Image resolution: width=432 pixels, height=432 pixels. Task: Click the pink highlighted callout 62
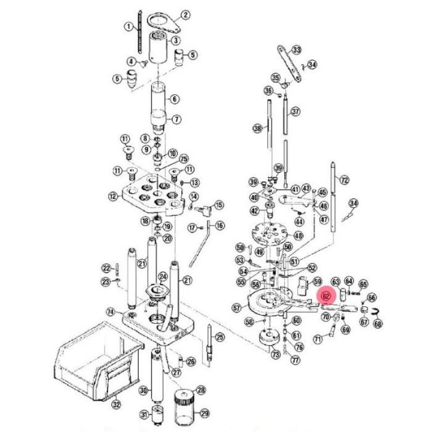tap(327, 296)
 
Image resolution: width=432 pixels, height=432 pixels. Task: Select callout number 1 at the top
tap(128, 27)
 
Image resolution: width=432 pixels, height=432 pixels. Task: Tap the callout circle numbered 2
tap(185, 15)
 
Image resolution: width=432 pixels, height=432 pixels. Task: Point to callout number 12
tap(112, 196)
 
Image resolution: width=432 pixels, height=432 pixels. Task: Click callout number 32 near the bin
tap(115, 405)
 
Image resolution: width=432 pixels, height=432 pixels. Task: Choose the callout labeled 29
tap(205, 413)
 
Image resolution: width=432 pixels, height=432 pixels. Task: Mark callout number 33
tap(297, 49)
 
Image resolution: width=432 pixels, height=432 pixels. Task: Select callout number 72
tap(344, 180)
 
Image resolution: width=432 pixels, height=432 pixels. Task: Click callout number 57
tap(236, 307)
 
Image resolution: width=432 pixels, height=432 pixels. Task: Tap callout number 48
tap(299, 236)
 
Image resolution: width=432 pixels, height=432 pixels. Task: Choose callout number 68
tap(378, 323)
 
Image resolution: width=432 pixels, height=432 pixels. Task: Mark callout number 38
tap(257, 128)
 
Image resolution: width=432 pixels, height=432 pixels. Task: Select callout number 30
tap(143, 390)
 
